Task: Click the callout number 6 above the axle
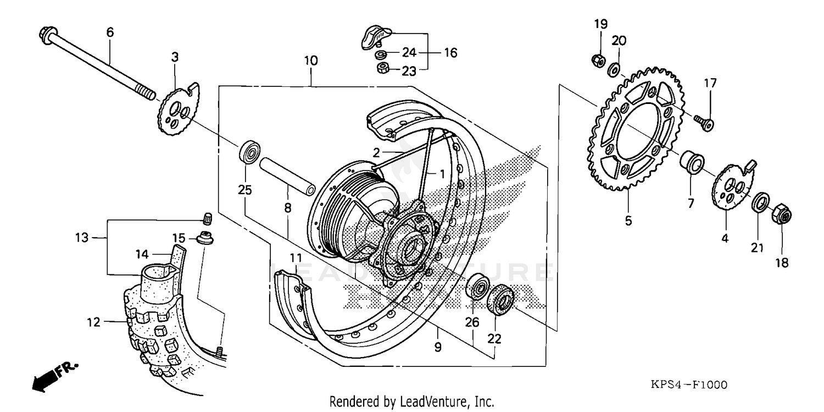click(110, 32)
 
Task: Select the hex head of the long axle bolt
click(46, 35)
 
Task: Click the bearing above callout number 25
click(249, 152)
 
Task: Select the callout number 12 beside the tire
click(94, 322)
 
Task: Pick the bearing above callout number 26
click(477, 289)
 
